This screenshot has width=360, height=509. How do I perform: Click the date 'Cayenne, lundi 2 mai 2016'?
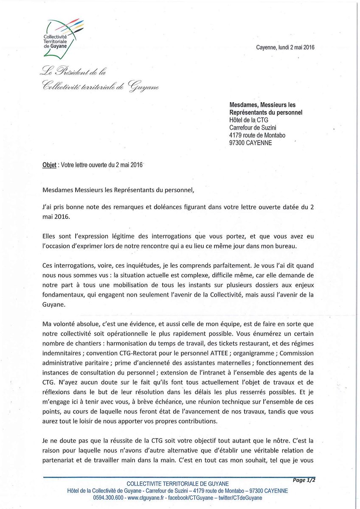pos(285,48)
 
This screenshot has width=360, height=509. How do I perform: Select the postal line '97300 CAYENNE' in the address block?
pos(250,143)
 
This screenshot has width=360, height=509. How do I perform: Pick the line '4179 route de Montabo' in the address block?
pos(257,135)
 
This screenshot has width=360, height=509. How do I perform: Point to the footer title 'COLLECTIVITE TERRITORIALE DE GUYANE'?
pos(178,484)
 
